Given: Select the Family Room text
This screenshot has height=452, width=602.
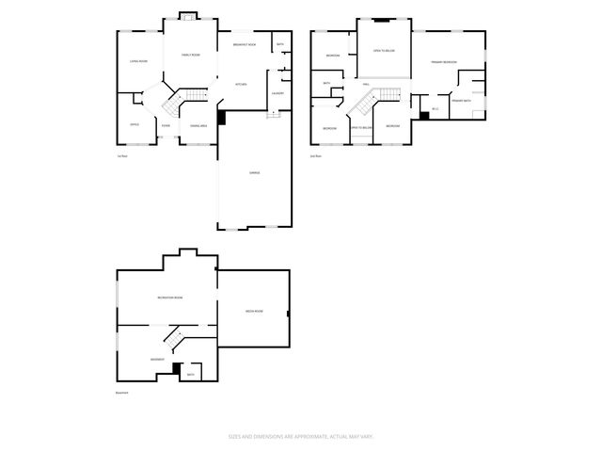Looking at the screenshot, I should pos(189,56).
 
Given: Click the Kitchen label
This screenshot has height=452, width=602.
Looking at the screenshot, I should pos(242,85).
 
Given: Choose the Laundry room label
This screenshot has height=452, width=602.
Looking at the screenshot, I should pos(277,93).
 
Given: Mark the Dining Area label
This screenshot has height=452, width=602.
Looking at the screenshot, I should pos(198,125).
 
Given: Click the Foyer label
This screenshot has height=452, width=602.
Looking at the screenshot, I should pos(166,125).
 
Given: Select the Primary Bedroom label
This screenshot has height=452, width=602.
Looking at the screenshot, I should pos(444,62).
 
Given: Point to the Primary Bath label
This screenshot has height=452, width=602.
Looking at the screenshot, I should pos(460,101).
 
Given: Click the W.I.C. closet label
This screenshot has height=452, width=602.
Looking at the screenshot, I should pos(422,108).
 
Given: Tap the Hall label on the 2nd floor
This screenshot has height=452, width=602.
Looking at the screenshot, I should pos(365,85).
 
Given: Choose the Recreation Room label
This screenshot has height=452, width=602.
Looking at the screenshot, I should pos(169,298).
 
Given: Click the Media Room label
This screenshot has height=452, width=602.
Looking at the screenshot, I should pos(254,312).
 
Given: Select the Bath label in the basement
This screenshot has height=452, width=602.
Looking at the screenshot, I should pos(190,375).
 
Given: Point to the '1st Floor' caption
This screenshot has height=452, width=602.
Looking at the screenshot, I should pos(121,155).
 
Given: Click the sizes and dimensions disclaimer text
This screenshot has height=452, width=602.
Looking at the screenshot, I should pos(300,436).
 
